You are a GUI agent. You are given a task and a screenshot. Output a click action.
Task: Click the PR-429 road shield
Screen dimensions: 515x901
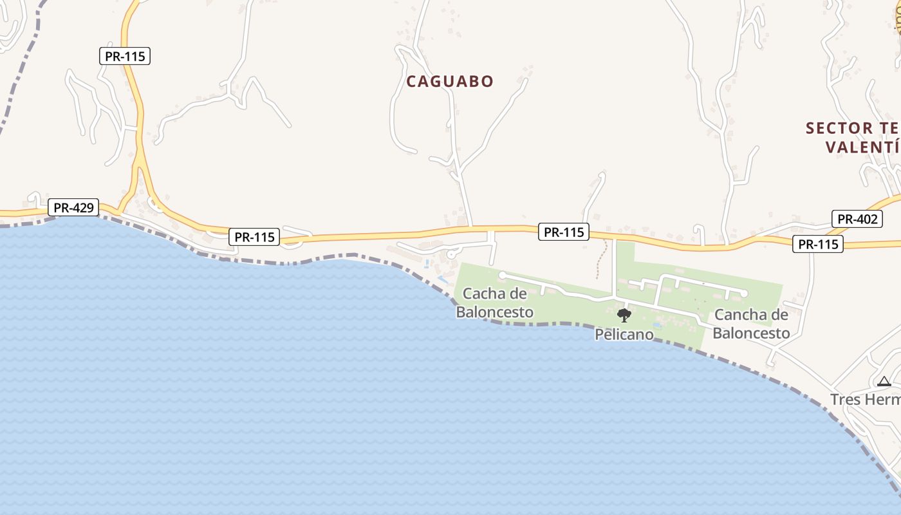click(x=74, y=208)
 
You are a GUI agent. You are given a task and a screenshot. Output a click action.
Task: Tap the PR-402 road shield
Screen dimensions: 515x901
click(x=856, y=219)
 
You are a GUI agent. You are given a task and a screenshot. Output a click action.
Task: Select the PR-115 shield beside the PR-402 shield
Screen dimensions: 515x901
click(x=817, y=244)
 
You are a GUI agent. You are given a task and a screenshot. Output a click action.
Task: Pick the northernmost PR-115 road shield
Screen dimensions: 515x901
click(x=125, y=56)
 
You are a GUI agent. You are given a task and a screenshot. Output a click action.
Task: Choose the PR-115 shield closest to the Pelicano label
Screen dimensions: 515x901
click(x=563, y=232)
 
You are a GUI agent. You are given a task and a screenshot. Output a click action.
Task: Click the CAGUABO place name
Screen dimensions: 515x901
click(x=450, y=81)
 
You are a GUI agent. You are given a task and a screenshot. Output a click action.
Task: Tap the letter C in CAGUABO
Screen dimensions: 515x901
click(x=412, y=81)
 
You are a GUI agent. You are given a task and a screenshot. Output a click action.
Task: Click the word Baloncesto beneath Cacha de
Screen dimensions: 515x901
click(x=494, y=312)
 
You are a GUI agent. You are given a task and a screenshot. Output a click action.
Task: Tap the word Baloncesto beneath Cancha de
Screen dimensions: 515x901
click(x=751, y=333)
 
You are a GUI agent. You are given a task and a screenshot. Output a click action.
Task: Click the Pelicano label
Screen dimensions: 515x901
click(x=624, y=335)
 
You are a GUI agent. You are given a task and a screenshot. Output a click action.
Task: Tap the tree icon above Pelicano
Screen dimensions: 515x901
click(x=624, y=315)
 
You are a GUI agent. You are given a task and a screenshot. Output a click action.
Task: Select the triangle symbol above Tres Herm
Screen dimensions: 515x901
click(x=884, y=381)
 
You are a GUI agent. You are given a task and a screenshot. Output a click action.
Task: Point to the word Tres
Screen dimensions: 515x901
click(x=845, y=400)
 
